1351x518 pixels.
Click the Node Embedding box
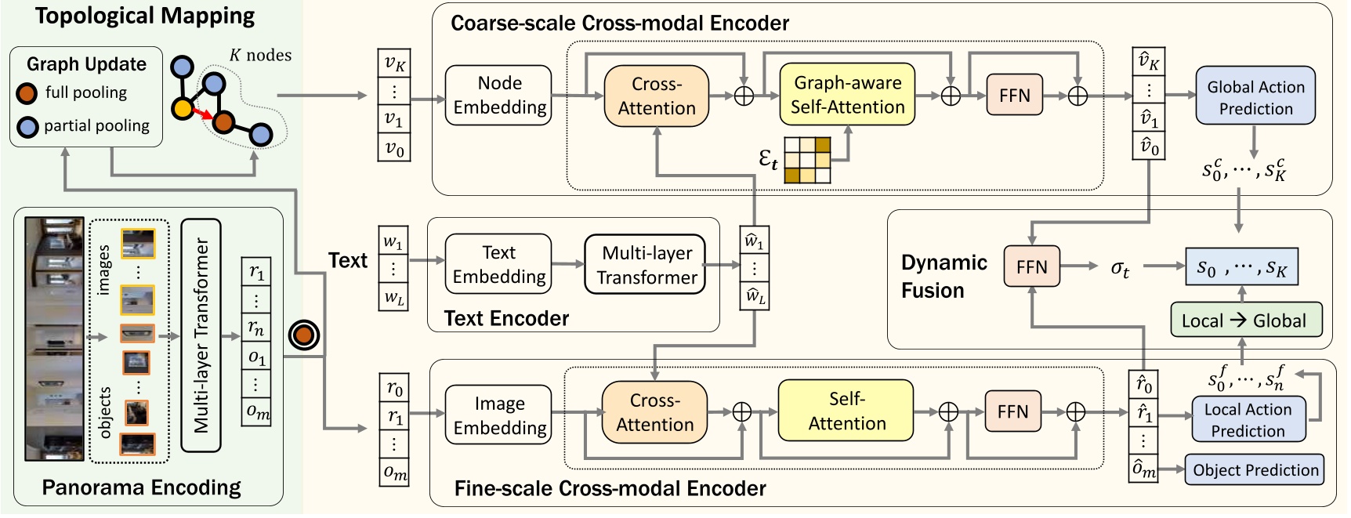click(498, 96)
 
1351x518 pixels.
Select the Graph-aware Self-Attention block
click(847, 95)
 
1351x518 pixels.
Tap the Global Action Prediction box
click(1255, 96)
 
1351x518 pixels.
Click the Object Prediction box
click(1254, 469)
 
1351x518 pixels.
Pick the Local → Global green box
click(1245, 320)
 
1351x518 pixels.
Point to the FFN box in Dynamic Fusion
click(1031, 267)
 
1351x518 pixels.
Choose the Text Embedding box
click(498, 264)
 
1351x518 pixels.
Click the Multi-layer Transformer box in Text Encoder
click(646, 265)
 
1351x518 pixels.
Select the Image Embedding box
click(499, 415)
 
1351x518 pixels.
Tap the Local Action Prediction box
click(1248, 420)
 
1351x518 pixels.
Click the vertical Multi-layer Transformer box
click(201, 335)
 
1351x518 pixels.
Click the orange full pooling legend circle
click(27, 93)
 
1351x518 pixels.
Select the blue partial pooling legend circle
click(27, 126)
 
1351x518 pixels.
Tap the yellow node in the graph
click(183, 108)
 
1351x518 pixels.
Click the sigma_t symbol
click(1120, 268)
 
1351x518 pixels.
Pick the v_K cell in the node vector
click(394, 63)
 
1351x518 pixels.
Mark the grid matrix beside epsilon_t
click(807, 160)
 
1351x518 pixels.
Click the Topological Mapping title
click(145, 16)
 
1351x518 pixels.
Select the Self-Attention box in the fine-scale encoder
click(846, 411)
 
